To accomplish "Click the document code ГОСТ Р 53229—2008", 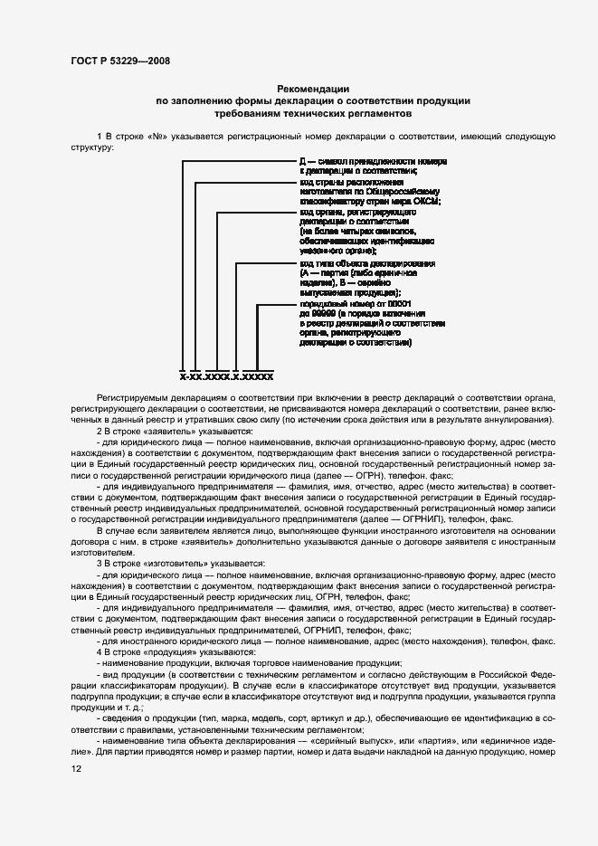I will tap(119, 61).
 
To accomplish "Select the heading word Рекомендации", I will tap(312, 89).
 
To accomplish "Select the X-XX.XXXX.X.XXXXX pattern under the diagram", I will tap(226, 375).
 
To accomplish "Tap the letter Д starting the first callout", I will tap(304, 160).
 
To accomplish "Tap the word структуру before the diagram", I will tap(93, 147).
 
